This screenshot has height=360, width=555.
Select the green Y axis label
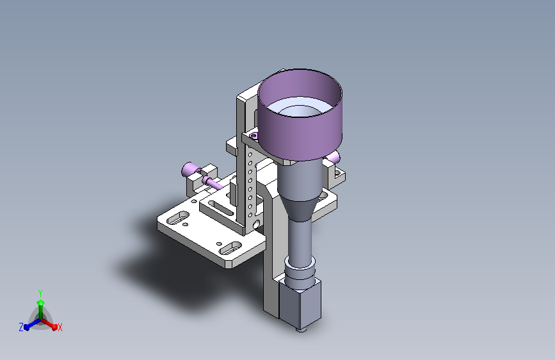point(40,293)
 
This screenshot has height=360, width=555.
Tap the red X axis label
point(60,327)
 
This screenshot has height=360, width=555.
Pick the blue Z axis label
point(21,327)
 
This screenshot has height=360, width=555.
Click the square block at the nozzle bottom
point(300,304)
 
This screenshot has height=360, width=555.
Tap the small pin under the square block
point(302,331)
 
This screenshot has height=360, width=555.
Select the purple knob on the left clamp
point(189,170)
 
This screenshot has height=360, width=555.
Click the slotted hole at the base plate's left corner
point(178,218)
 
